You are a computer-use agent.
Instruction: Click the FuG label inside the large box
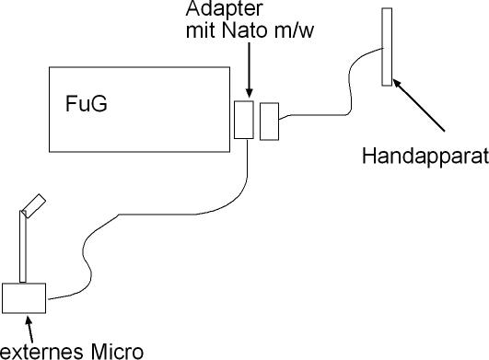[87, 104]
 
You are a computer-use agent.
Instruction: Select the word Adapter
[224, 8]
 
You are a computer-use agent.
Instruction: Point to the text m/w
[293, 30]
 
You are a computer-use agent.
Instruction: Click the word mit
[202, 30]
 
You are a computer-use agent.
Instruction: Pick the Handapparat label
[425, 157]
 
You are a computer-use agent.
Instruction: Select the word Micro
[117, 352]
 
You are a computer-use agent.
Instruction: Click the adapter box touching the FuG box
[244, 120]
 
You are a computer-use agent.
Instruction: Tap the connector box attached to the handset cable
[270, 122]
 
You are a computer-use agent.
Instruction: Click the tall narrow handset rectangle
[387, 47]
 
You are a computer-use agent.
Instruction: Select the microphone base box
[24, 298]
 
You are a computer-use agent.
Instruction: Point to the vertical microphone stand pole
[23, 247]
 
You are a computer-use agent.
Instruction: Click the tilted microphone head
[34, 205]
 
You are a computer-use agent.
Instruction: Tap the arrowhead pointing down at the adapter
[250, 93]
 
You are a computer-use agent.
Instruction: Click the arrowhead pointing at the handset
[397, 84]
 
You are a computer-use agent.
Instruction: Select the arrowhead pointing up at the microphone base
[29, 321]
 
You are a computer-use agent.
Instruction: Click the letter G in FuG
[99, 104]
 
